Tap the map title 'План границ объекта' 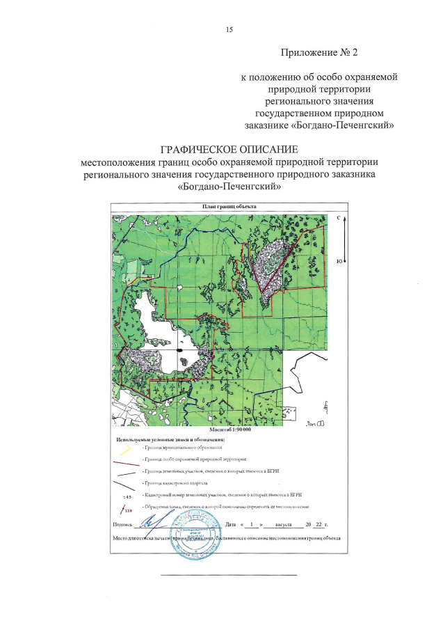[229, 207]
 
